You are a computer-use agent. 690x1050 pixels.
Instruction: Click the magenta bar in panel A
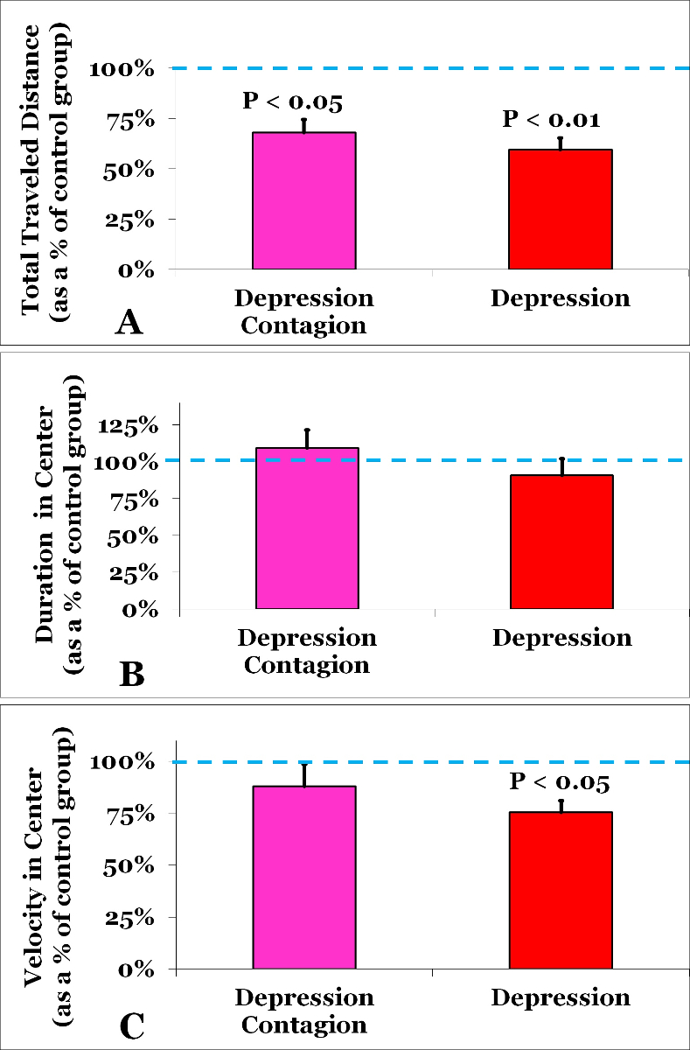[303, 200]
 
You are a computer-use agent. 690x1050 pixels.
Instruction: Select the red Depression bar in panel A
[560, 209]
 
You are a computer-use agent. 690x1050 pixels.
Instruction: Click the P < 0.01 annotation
[551, 119]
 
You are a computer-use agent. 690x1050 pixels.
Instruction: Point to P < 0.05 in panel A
[292, 101]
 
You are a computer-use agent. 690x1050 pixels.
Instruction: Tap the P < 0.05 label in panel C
[559, 781]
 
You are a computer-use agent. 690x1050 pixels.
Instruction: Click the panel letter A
[129, 324]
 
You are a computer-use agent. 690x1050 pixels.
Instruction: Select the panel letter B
[130, 675]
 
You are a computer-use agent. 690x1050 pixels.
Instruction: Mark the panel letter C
[130, 1025]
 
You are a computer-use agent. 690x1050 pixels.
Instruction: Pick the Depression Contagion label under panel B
[307, 650]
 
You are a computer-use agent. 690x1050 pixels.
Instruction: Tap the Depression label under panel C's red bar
[561, 997]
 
